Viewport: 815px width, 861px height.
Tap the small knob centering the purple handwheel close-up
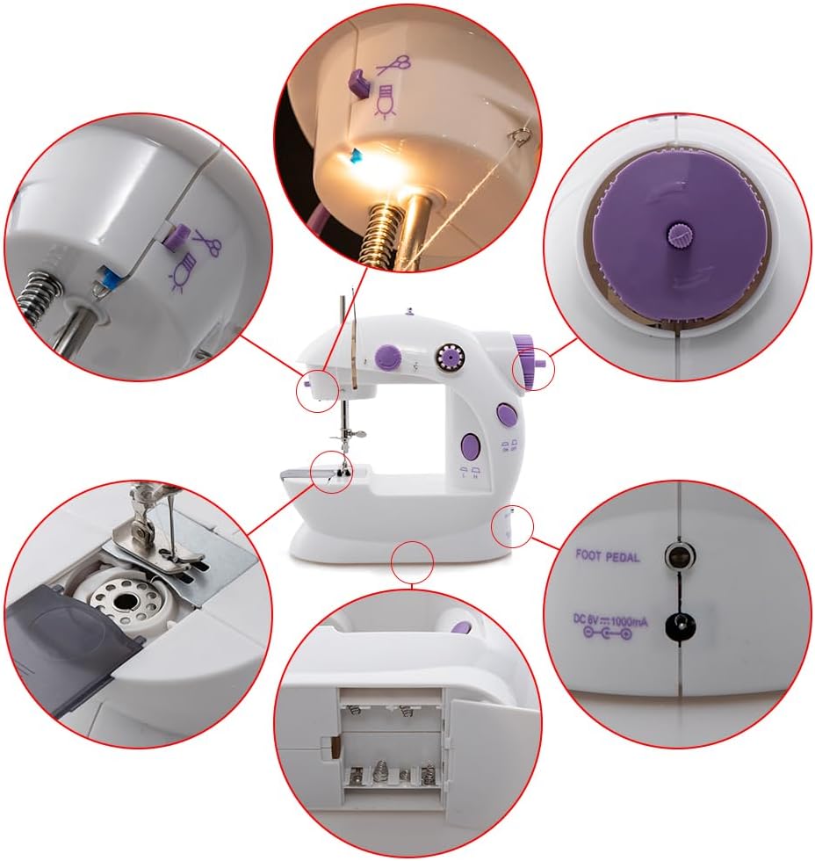point(677,234)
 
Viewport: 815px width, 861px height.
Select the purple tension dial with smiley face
point(388,355)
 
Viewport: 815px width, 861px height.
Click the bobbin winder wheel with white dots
point(451,358)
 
